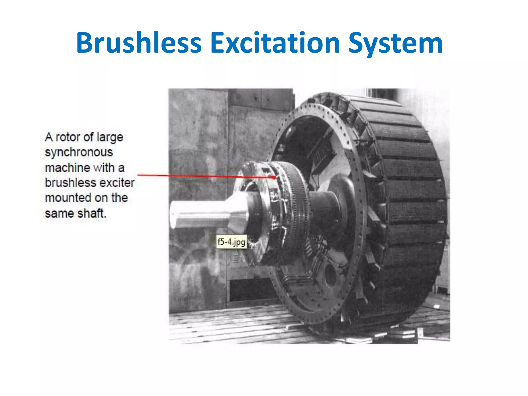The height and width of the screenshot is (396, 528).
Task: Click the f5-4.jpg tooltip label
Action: point(231,242)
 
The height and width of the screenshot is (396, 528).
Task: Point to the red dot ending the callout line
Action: point(274,178)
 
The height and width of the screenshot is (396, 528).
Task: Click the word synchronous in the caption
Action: point(79,152)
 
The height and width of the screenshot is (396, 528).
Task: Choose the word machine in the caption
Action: point(67,168)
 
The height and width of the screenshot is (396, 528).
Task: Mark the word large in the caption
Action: point(110,137)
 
